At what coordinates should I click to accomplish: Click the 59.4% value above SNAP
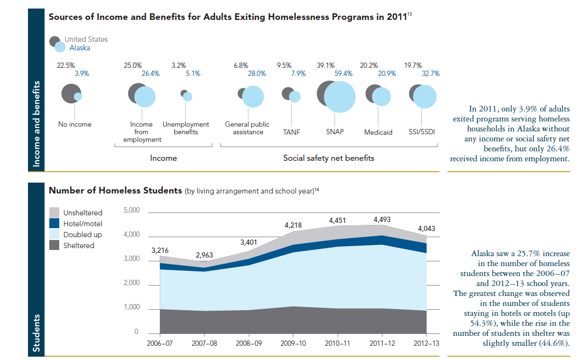[344, 74]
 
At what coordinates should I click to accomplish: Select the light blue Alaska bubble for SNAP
[339, 97]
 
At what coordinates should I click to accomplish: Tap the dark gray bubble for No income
[70, 93]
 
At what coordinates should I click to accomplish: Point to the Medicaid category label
[378, 132]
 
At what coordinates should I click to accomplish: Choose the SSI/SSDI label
[421, 132]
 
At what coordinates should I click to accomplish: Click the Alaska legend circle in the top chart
[60, 47]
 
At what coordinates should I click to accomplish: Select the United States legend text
[86, 39]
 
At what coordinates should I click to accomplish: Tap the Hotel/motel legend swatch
[55, 224]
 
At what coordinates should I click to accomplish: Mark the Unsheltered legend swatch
[55, 213]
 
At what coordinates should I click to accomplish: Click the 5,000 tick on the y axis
[131, 210]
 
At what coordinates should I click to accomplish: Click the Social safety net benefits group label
[328, 158]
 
